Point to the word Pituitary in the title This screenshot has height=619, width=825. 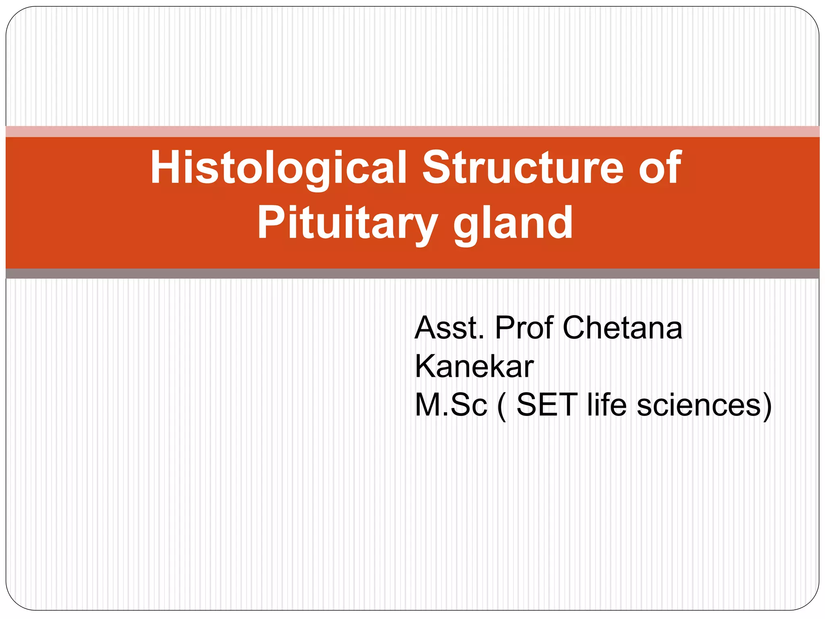pos(347,223)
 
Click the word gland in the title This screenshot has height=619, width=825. pos(513,223)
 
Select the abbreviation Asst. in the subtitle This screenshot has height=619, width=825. pos(449,328)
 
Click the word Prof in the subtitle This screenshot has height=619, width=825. pos(524,328)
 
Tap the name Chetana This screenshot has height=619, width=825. pos(622,328)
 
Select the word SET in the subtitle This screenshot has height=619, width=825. pos(547,405)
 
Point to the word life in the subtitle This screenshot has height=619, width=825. pos(607,405)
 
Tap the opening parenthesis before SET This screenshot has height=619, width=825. pos(502,406)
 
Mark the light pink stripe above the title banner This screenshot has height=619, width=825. pos(412,131)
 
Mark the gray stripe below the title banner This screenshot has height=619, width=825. pos(412,274)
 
